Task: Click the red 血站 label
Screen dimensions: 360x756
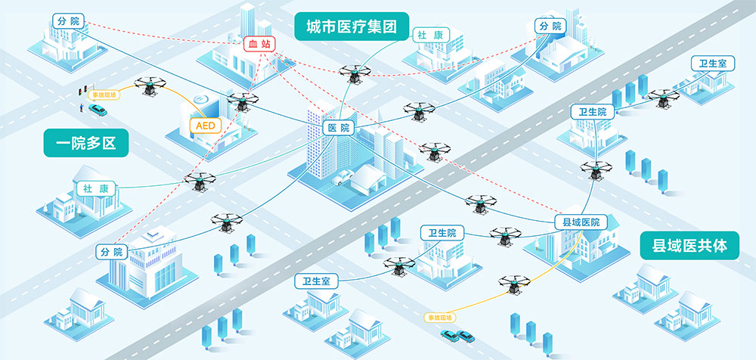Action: tap(259, 45)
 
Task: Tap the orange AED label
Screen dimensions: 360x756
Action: tap(206, 125)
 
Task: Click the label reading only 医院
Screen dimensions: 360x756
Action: tap(338, 128)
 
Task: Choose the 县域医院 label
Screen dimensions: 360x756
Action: tap(581, 222)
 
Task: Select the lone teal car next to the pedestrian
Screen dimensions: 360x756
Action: tap(97, 110)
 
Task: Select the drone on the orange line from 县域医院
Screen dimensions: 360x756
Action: tap(514, 284)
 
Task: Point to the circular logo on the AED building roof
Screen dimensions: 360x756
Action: tap(200, 100)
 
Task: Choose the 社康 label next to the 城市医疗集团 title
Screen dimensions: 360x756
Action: tap(432, 35)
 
